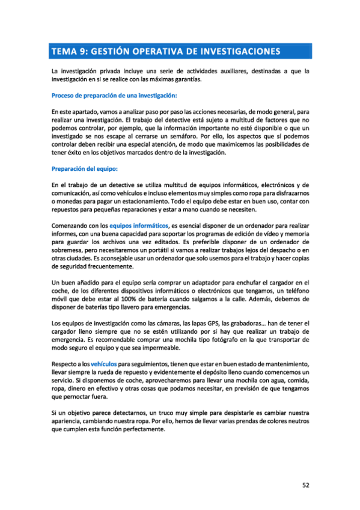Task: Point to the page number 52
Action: point(305,485)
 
